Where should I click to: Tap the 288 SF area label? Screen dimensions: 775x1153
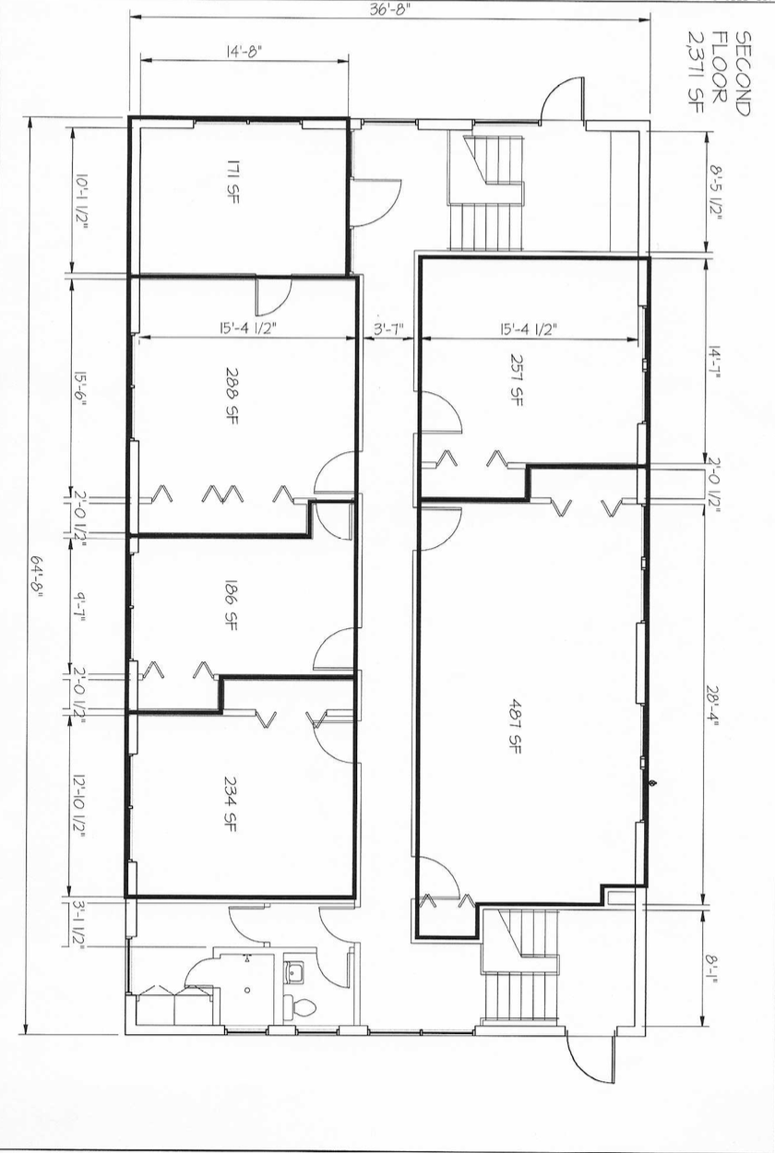pyautogui.click(x=232, y=395)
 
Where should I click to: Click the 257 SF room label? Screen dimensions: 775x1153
pyautogui.click(x=516, y=380)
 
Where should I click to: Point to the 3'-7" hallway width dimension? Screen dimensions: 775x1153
pyautogui.click(x=387, y=329)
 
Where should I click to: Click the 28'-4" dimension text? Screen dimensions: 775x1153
pyautogui.click(x=713, y=707)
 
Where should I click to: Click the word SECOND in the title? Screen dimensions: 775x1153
pyautogui.click(x=744, y=73)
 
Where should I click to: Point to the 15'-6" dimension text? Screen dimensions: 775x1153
pyautogui.click(x=80, y=388)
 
